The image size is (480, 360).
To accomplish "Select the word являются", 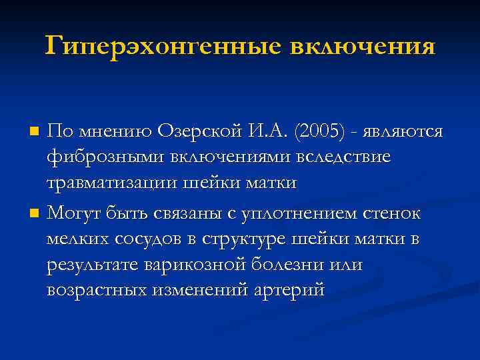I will pyautogui.click(x=404, y=131).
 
